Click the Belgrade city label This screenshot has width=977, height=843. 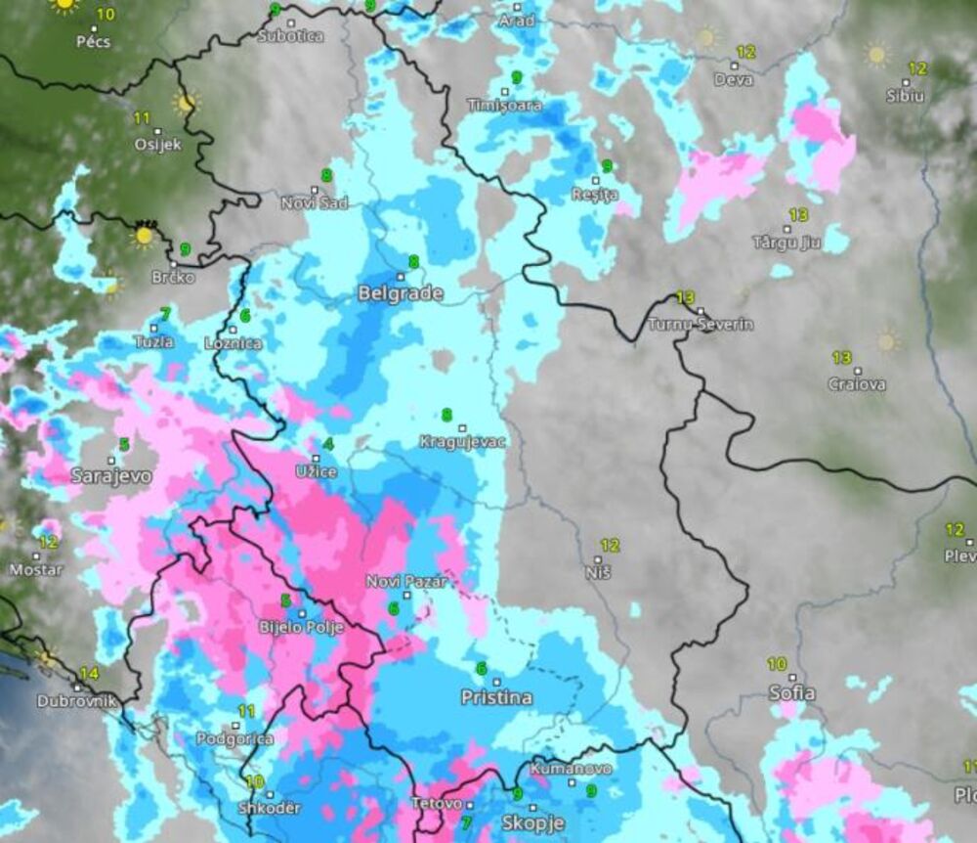(x=401, y=293)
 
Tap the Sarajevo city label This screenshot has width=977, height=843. (x=111, y=476)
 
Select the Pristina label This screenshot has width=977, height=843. (x=496, y=697)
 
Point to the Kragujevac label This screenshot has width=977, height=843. (x=463, y=442)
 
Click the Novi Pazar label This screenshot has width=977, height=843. (x=406, y=582)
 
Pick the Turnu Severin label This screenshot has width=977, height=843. (x=701, y=325)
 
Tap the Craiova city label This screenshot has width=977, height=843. (x=857, y=384)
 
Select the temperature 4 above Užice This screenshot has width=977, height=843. (x=327, y=445)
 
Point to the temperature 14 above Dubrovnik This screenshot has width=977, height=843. (x=89, y=673)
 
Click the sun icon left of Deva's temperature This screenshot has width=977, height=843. (x=704, y=38)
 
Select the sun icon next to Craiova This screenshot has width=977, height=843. (x=886, y=340)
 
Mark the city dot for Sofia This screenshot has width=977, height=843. (x=792, y=678)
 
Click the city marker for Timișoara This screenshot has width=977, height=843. (x=504, y=91)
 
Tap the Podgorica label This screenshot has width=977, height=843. (x=234, y=739)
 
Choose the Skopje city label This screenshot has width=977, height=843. (x=532, y=821)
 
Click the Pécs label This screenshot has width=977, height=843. (x=94, y=42)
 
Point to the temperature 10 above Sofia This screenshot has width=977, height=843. (x=777, y=664)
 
